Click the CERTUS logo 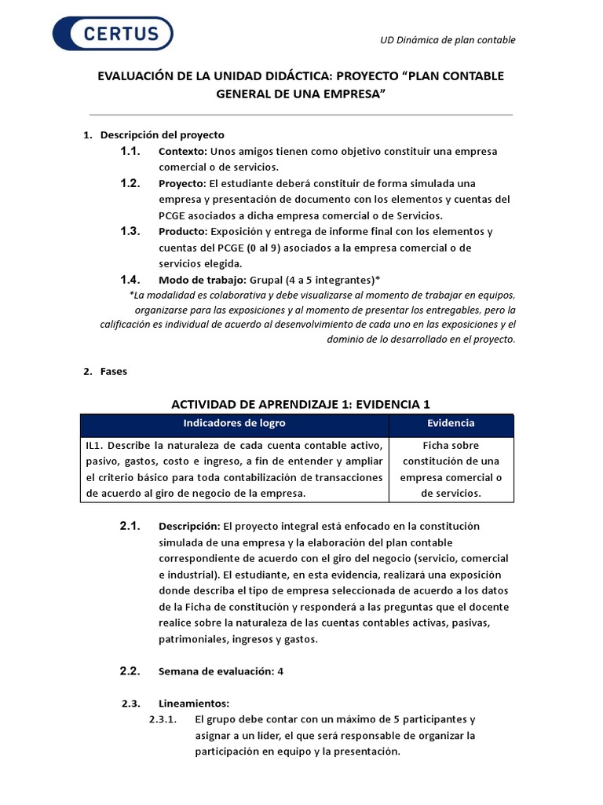(x=112, y=34)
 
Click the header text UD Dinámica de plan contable (x=448, y=40)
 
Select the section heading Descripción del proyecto (x=162, y=135)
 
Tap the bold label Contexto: (x=183, y=151)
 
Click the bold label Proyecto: (x=183, y=183)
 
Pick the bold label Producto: (x=183, y=231)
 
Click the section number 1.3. (x=130, y=231)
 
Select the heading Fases (x=114, y=372)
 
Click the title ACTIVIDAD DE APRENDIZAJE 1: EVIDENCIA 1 (x=301, y=404)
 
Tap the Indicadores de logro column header (x=234, y=424)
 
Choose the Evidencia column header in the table (x=451, y=424)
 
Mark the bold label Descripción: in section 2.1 (x=190, y=526)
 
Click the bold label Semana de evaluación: (x=216, y=671)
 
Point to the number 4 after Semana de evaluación (x=280, y=671)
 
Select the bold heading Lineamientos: (x=193, y=704)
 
